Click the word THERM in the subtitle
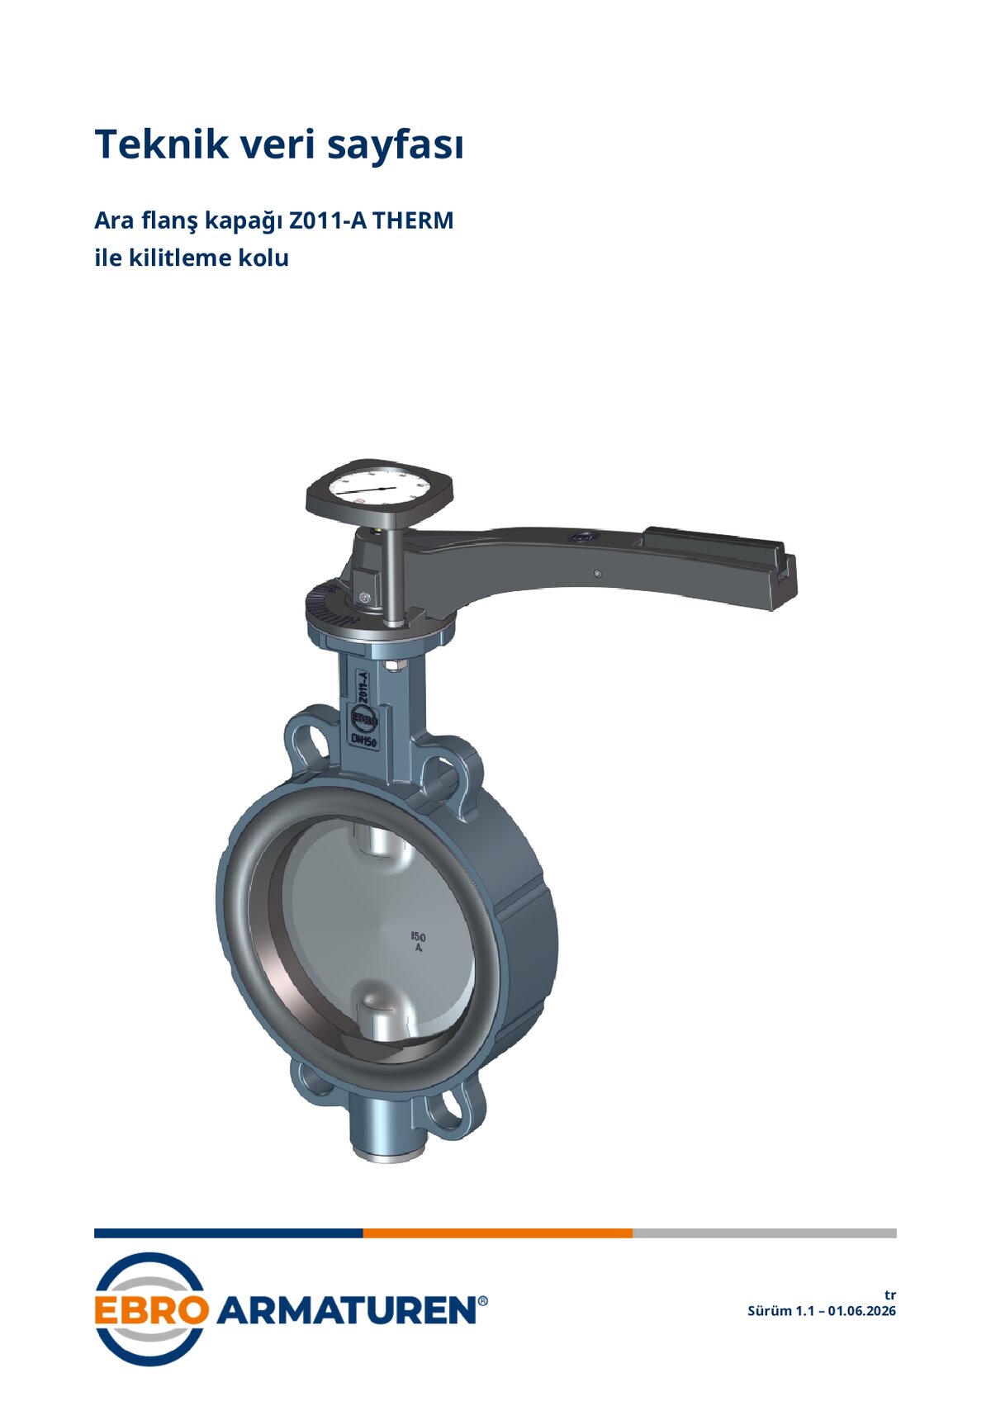click(414, 220)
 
